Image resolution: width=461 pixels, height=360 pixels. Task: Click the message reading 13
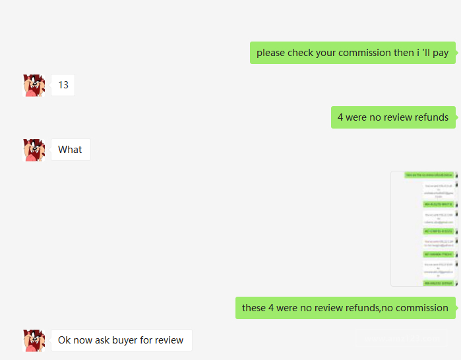(63, 85)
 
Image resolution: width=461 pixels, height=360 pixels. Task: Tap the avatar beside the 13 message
(34, 85)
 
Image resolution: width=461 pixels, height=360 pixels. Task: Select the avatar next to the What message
(34, 150)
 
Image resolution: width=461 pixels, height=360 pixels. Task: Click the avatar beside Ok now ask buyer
(34, 340)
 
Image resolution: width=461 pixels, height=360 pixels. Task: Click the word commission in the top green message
(365, 53)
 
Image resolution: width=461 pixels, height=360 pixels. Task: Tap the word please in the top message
(271, 53)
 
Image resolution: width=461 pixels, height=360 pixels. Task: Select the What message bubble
(71, 150)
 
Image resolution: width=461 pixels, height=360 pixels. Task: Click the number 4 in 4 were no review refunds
(340, 117)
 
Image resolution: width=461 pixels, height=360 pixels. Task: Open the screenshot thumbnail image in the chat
(424, 229)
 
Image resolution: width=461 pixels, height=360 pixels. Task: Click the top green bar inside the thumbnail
(429, 175)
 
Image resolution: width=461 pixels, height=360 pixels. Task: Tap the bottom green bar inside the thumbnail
(438, 283)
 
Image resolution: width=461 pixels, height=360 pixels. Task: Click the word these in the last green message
(255, 308)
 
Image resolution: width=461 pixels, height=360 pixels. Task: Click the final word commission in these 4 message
(423, 308)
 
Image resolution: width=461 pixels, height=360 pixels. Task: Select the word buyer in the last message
(137, 340)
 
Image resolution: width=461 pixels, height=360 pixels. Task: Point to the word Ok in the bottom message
(65, 340)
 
